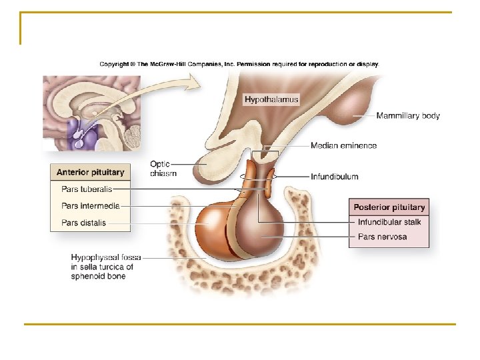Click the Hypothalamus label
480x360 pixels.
pyautogui.click(x=271, y=100)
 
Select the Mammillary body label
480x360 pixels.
pyautogui.click(x=408, y=116)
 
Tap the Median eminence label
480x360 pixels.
pyautogui.click(x=343, y=146)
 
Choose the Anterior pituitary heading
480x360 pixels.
pyautogui.click(x=90, y=172)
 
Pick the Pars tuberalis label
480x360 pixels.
pyautogui.click(x=87, y=189)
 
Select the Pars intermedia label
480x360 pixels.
pyautogui.click(x=90, y=206)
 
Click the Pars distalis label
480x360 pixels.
pyautogui.click(x=83, y=223)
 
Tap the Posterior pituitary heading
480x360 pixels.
pyautogui.click(x=389, y=207)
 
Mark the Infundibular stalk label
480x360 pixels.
pyautogui.click(x=389, y=222)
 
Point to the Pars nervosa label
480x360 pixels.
pyautogui.click(x=382, y=237)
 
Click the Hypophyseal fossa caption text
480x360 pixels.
pyautogui.click(x=103, y=267)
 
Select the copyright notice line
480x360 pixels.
pyautogui.click(x=239, y=65)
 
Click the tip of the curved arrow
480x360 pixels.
pyautogui.click(x=198, y=81)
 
